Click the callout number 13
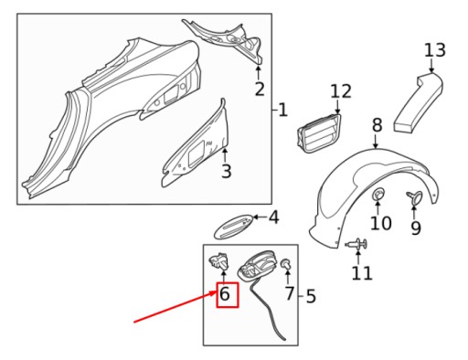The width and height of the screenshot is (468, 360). [x=435, y=50]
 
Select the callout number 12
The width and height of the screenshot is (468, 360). [x=341, y=91]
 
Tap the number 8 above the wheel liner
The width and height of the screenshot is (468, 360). [x=377, y=125]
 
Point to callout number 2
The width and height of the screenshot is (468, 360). [x=260, y=90]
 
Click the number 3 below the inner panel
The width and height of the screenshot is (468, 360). [x=227, y=171]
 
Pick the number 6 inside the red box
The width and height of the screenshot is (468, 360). [x=225, y=294]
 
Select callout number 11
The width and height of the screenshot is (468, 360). [x=362, y=273]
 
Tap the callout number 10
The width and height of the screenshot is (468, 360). [x=381, y=223]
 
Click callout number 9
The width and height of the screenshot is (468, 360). [x=416, y=228]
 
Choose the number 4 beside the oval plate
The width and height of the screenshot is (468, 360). [x=273, y=217]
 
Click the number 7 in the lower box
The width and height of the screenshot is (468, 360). [x=290, y=293]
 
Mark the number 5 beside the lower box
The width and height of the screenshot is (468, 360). [x=311, y=296]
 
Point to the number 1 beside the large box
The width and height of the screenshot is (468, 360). [x=282, y=110]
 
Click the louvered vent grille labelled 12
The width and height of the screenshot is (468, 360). [x=319, y=132]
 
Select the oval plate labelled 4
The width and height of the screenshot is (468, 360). [x=234, y=227]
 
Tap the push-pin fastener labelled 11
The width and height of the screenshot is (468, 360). [x=356, y=245]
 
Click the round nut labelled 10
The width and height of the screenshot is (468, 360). [x=378, y=194]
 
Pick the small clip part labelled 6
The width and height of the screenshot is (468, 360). [x=219, y=262]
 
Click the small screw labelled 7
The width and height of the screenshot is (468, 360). [x=286, y=264]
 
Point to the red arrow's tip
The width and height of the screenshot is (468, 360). [x=217, y=291]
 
